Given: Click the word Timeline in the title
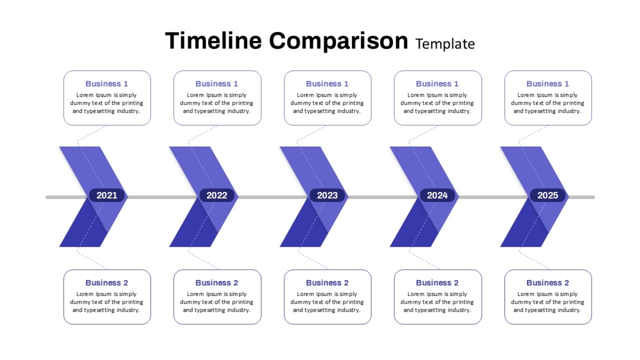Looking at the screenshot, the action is tap(213, 41).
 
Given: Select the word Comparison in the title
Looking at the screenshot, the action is tap(339, 42).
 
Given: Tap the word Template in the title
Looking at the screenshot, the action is tap(445, 44).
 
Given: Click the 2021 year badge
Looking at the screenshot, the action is tap(107, 195).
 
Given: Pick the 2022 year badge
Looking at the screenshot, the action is tap(217, 195).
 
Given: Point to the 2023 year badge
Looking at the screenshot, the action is tap(327, 195).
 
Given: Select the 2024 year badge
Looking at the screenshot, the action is tap(437, 195).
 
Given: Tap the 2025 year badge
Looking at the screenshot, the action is tap(547, 195).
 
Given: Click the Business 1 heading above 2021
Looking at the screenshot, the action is tap(107, 84).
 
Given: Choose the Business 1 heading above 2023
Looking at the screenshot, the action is tap(327, 84).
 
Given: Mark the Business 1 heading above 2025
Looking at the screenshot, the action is tap(547, 84).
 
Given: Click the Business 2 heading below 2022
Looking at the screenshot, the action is tap(217, 283).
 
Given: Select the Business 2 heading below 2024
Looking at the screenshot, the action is tap(437, 283).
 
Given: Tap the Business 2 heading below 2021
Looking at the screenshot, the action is tap(107, 283).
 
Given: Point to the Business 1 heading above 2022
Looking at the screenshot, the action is tap(217, 84).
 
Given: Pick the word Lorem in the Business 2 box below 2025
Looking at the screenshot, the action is tap(526, 294).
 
